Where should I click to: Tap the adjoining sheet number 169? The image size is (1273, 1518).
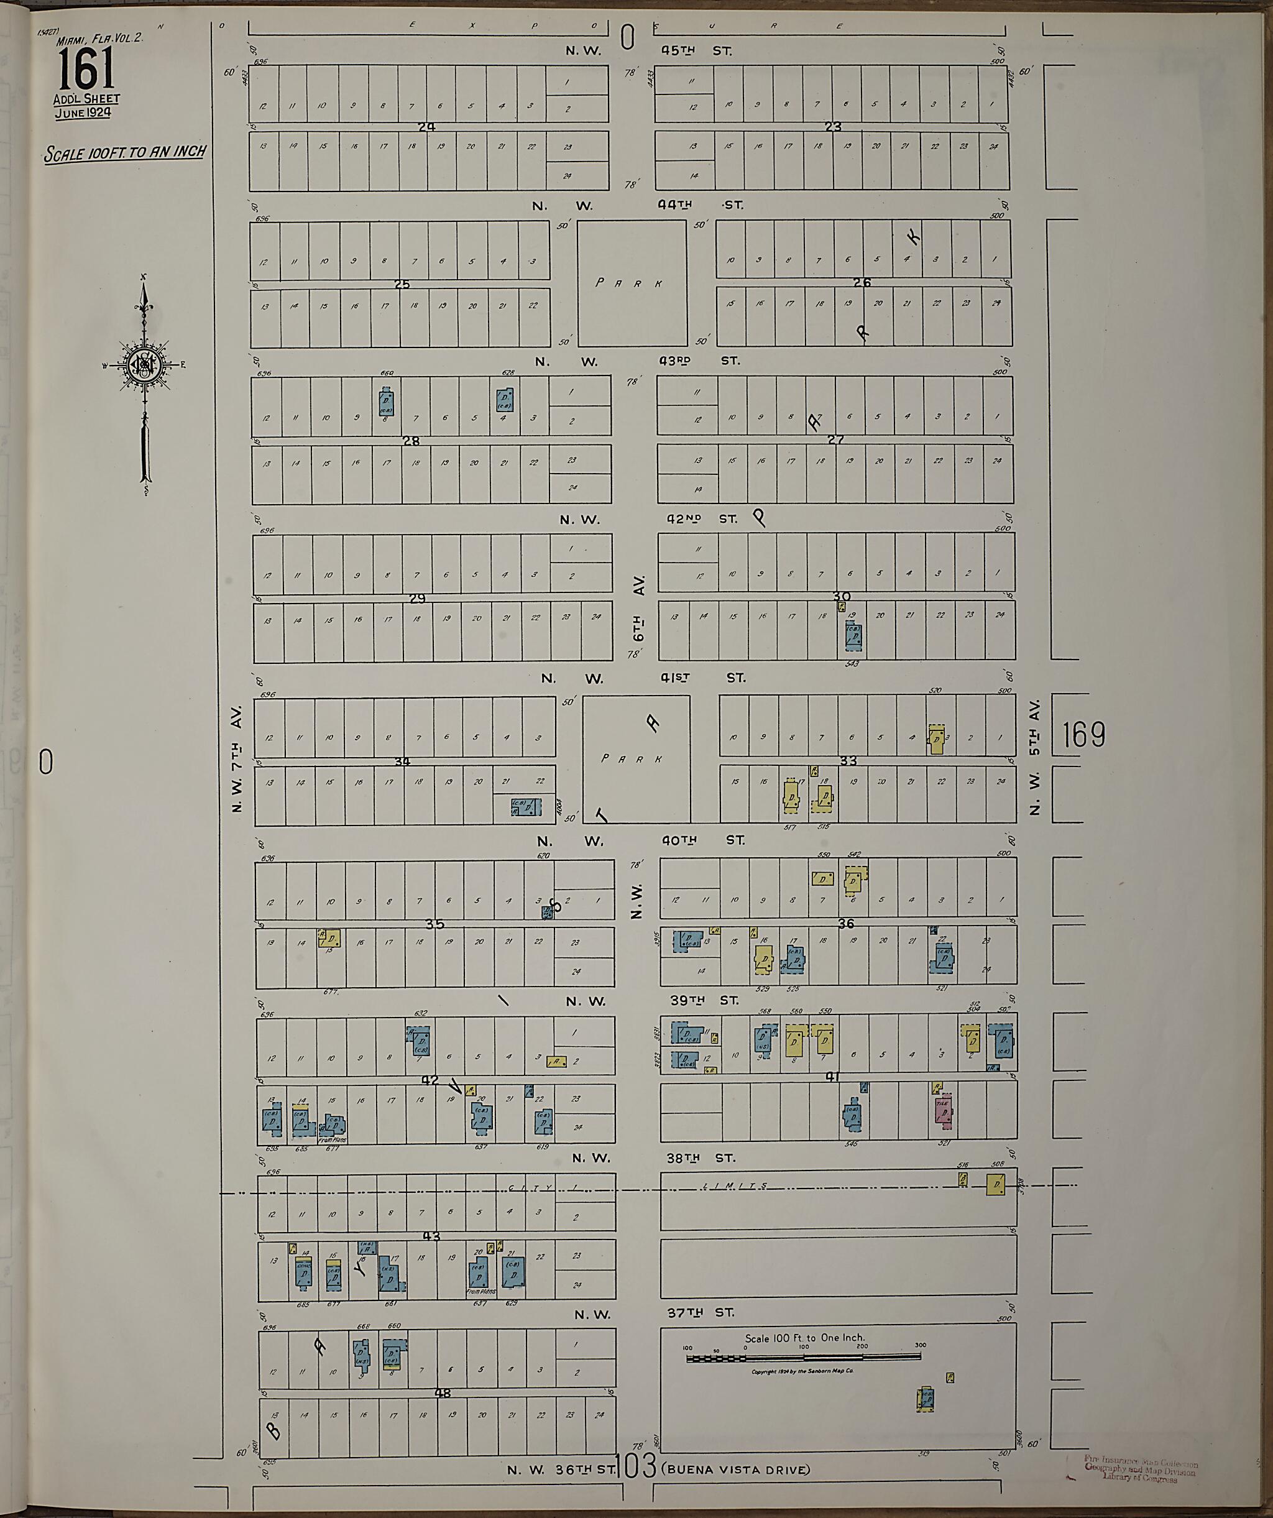click(1083, 734)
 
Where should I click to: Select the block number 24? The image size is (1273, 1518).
click(426, 127)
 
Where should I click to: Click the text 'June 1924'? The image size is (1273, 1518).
click(86, 112)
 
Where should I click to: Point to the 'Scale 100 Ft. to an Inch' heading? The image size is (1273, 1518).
click(125, 152)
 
